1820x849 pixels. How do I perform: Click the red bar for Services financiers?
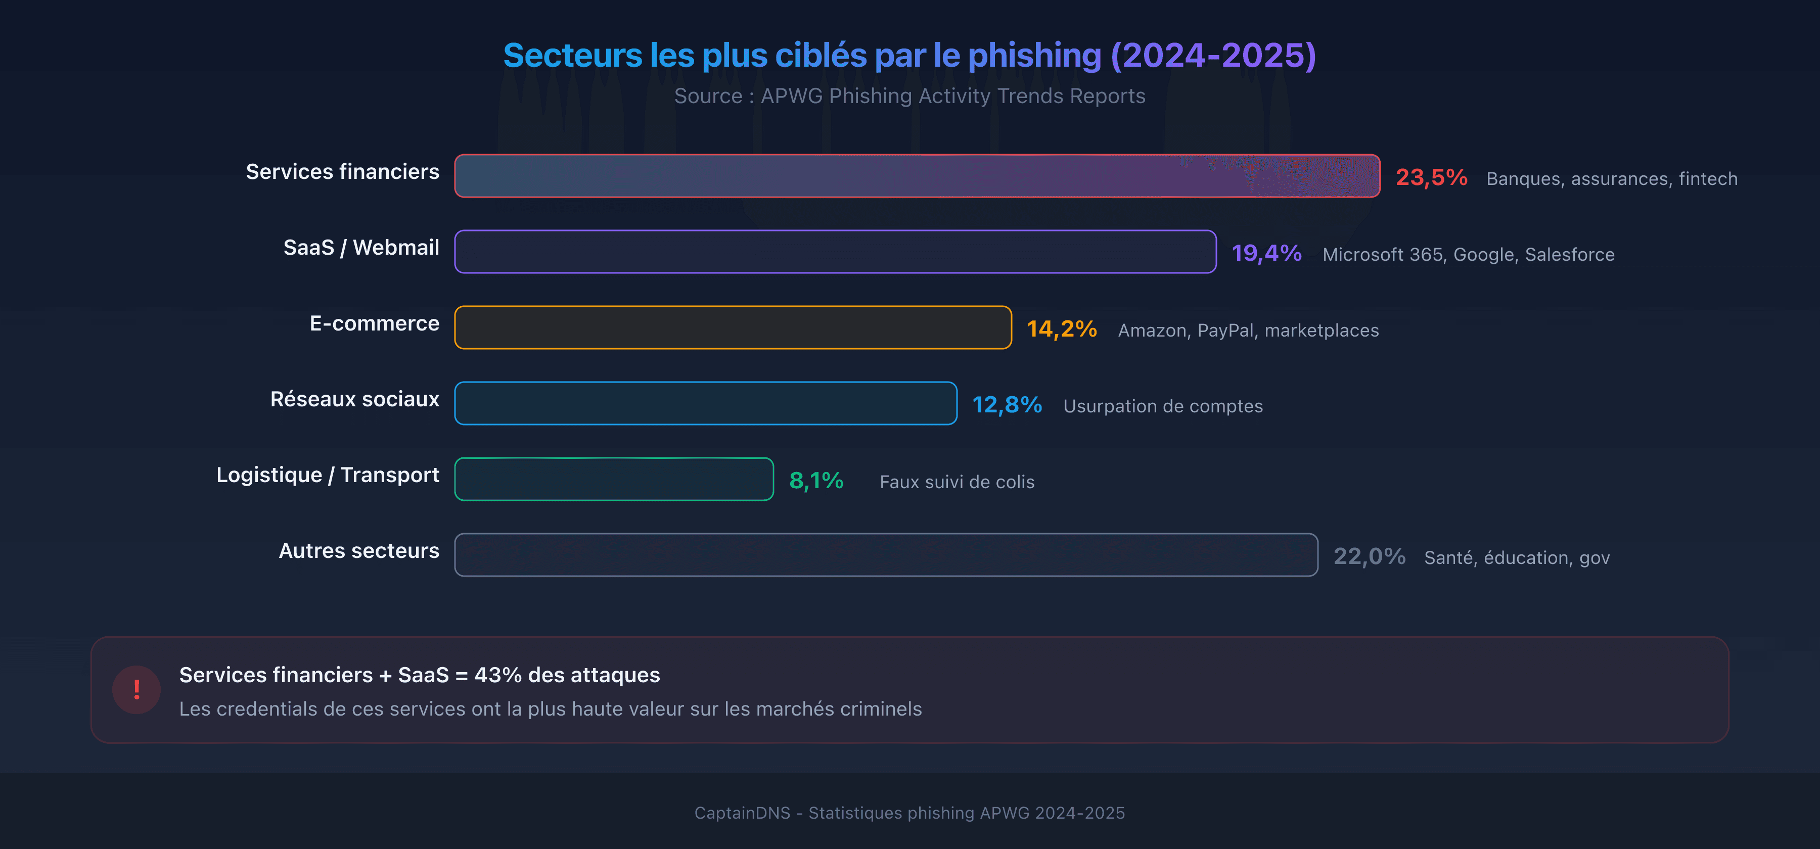(917, 176)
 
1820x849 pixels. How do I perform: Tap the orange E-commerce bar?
(733, 328)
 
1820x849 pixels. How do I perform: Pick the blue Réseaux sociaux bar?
(705, 403)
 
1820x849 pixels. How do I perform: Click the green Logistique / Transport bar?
(613, 479)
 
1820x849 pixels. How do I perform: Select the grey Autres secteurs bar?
(885, 555)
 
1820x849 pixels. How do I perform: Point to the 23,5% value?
(1431, 177)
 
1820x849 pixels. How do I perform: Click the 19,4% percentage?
(1266, 253)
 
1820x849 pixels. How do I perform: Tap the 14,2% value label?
(1061, 329)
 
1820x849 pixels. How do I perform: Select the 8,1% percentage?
(815, 481)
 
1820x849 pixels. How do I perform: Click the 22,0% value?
(1369, 556)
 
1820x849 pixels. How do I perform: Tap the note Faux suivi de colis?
(956, 482)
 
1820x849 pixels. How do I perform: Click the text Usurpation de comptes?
(1162, 406)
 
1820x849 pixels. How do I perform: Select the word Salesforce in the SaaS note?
(1569, 254)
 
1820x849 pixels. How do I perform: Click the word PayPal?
(1226, 331)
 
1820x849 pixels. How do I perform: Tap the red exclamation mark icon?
(136, 689)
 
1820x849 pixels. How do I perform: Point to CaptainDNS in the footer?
(742, 813)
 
